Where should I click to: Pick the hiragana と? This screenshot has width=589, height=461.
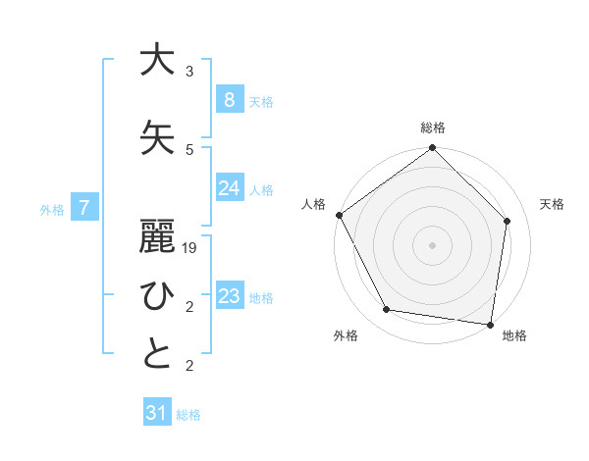click(x=154, y=354)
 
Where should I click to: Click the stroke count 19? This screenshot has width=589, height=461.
click(x=190, y=248)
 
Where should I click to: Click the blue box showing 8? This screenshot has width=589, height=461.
click(x=229, y=99)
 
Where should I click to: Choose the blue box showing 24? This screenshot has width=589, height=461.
click(x=229, y=188)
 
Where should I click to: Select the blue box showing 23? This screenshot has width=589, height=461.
click(x=229, y=296)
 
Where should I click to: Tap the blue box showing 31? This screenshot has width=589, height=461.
click(x=157, y=413)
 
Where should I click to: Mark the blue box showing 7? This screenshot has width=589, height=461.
click(x=84, y=208)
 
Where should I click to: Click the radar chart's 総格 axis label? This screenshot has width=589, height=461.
click(x=433, y=128)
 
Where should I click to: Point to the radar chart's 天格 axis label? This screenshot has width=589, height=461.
click(x=553, y=204)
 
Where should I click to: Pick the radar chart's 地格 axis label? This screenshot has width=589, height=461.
click(x=514, y=335)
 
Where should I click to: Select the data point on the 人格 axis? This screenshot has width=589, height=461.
click(x=340, y=215)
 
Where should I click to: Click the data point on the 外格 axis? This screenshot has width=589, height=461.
click(x=387, y=310)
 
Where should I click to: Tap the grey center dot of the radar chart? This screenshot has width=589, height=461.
click(x=433, y=244)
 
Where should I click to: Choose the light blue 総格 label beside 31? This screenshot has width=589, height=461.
click(x=188, y=415)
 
